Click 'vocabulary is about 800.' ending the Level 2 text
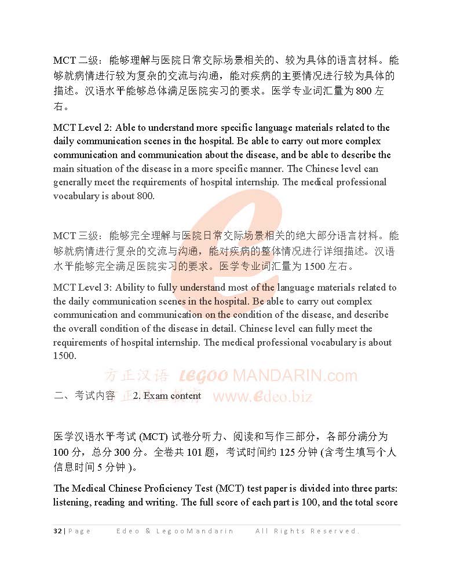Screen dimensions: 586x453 (x=104, y=196)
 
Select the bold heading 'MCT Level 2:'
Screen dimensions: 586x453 (x=83, y=127)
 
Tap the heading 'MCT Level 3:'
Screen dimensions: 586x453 (x=83, y=287)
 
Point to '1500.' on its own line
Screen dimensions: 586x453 (x=65, y=356)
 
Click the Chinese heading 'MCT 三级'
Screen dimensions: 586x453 (x=76, y=236)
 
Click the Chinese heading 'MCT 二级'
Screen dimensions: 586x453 (x=76, y=60)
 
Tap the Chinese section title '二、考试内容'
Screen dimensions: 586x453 (x=84, y=395)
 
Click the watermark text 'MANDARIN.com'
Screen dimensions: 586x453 (x=295, y=375)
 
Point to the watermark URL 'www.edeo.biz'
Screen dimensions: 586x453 (x=263, y=396)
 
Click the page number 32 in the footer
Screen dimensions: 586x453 (x=57, y=531)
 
